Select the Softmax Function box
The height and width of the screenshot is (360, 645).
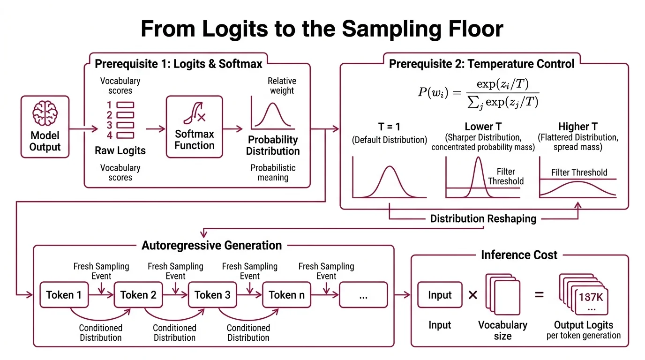coord(194,126)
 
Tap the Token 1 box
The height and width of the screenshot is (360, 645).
coord(64,295)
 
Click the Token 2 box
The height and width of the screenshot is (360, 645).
coord(138,295)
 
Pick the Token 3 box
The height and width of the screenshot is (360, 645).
coord(212,295)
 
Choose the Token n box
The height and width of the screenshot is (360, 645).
coord(286,295)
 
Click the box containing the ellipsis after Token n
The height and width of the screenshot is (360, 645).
coord(363,295)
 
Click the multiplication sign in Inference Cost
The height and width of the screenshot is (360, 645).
coord(472,295)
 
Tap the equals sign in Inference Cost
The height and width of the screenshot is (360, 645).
coord(540,295)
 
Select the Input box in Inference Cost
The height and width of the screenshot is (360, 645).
coord(440,295)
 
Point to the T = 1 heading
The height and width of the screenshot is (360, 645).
coord(390,127)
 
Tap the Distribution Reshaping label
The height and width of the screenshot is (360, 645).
coord(483,219)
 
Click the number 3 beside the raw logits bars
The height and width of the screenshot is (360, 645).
coord(109,125)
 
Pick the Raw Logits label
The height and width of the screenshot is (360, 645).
coord(120,150)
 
